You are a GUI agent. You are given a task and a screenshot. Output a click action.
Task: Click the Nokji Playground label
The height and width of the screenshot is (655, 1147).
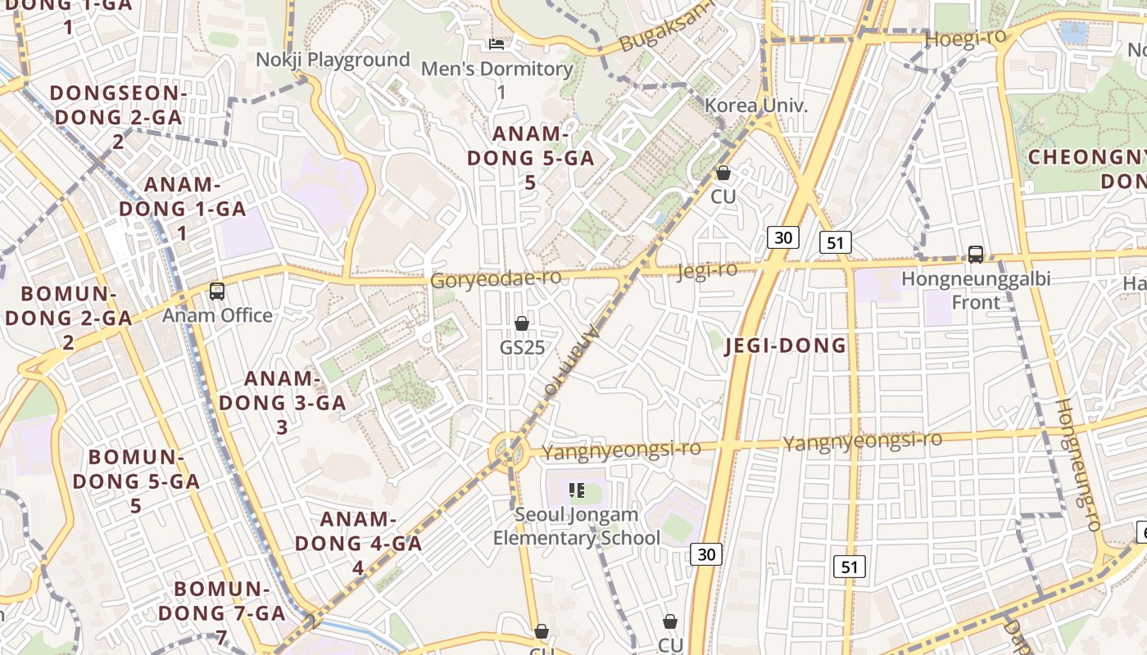click(333, 60)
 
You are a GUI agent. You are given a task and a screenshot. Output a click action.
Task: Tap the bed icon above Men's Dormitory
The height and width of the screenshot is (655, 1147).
click(496, 43)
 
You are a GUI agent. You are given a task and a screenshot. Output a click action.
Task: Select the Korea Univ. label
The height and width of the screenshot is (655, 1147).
click(756, 106)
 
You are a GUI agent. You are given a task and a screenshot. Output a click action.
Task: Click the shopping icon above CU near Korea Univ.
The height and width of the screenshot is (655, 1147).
click(723, 173)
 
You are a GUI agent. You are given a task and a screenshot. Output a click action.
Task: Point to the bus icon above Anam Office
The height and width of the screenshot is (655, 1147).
click(217, 291)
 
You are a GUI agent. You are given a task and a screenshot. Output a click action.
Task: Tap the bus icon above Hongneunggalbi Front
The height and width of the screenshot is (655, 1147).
click(975, 254)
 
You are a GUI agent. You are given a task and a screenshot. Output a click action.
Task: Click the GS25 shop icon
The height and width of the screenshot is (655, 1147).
click(522, 323)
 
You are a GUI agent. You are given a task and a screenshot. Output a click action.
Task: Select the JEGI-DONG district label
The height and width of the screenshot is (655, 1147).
click(785, 346)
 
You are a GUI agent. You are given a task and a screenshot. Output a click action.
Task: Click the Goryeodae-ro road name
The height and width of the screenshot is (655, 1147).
click(496, 278)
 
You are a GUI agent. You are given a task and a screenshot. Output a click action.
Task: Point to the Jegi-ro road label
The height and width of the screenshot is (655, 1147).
click(707, 270)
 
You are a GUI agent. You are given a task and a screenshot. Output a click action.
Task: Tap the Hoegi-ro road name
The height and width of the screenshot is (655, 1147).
click(965, 39)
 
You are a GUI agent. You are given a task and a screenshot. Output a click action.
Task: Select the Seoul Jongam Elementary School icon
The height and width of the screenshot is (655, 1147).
click(577, 490)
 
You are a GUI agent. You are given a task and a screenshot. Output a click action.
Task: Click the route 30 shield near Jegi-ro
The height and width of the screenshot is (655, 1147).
click(783, 237)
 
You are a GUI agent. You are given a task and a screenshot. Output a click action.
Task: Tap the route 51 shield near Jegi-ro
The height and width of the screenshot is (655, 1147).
click(835, 242)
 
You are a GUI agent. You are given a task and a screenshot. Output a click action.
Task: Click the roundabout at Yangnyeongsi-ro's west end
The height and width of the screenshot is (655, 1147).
click(507, 451)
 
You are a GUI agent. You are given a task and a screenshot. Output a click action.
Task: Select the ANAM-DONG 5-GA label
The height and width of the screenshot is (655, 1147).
click(530, 158)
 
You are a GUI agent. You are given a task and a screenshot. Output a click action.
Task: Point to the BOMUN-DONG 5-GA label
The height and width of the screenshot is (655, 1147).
click(136, 481)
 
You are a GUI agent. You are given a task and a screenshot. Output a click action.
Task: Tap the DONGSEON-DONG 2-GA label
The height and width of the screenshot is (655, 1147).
click(118, 117)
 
